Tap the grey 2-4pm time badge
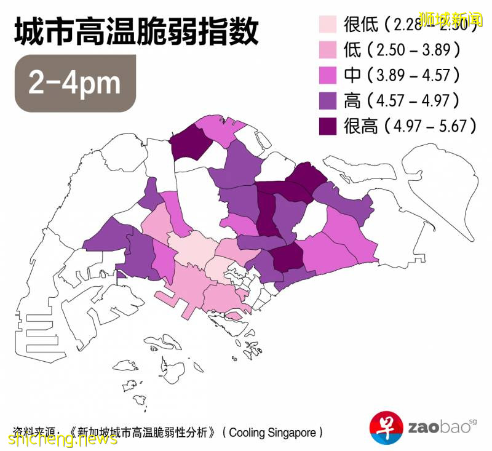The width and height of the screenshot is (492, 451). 75,83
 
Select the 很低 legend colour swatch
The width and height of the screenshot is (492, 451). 330,25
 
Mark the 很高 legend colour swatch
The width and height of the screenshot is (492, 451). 330,126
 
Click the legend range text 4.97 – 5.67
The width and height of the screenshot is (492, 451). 430,126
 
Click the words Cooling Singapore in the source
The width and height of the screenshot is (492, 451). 275,433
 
